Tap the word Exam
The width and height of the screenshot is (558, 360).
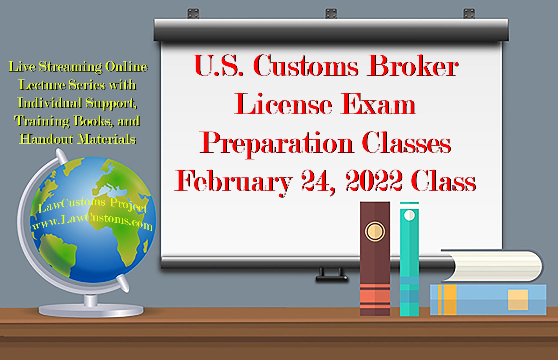(x=378, y=105)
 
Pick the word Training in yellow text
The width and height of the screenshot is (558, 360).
(x=42, y=121)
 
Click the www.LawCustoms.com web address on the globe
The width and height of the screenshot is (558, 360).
(x=92, y=222)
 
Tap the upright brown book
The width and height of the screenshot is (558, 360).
(x=375, y=268)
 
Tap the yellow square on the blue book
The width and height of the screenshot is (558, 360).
(x=518, y=300)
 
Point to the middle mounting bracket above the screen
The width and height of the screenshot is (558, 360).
(x=331, y=14)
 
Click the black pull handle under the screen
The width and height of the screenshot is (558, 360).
(x=332, y=276)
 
